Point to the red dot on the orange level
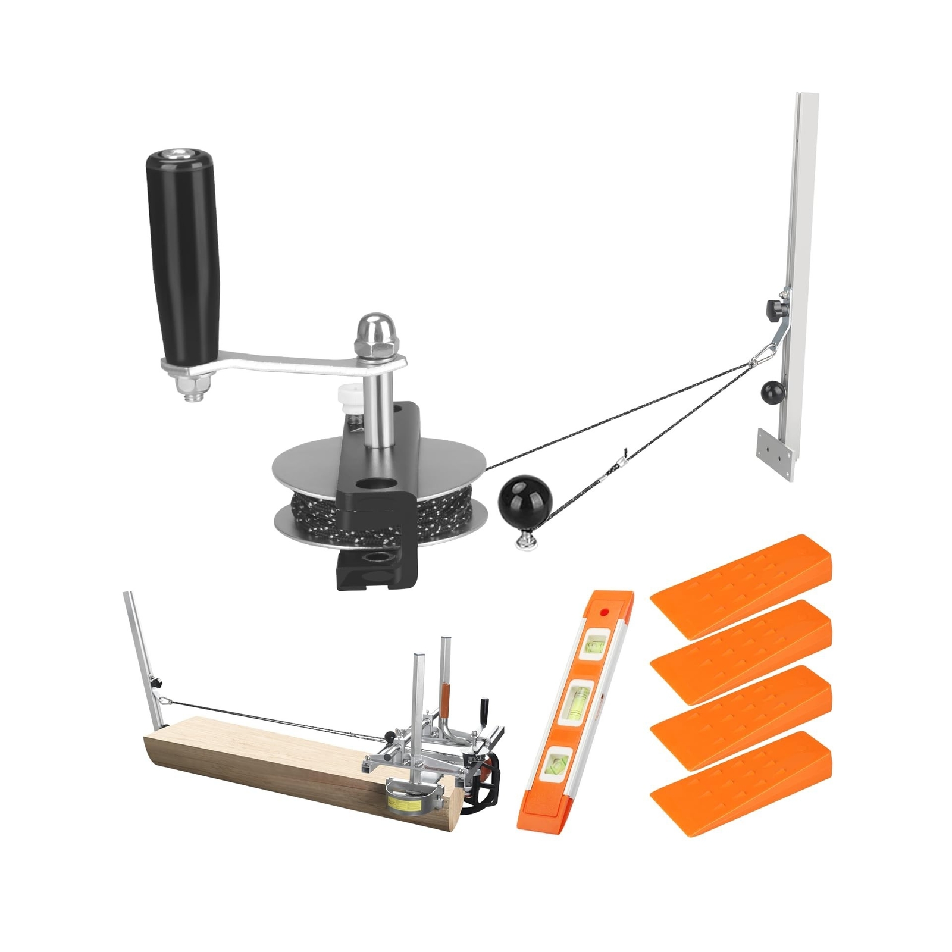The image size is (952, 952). click(605, 611)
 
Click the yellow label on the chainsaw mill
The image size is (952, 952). click(405, 804)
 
